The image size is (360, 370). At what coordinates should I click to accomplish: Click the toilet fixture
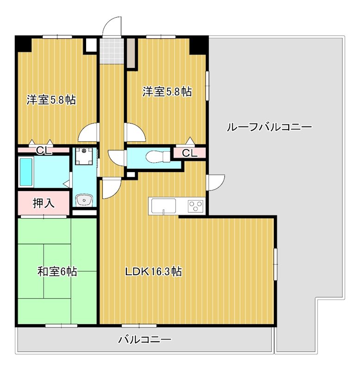[x=158, y=156]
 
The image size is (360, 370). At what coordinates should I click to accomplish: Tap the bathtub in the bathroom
[x=26, y=172]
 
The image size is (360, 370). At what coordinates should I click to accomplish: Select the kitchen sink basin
[x=163, y=206]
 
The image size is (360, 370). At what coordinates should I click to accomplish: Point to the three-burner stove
[x=195, y=206]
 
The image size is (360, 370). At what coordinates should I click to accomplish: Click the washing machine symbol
[x=84, y=156]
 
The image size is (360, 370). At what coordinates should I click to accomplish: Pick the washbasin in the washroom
[x=84, y=200]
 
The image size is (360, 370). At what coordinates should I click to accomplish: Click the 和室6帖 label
[x=57, y=271]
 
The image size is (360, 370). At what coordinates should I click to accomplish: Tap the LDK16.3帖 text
[x=153, y=271]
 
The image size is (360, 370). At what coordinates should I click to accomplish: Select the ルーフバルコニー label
[x=269, y=127]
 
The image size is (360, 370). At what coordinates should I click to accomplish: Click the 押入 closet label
[x=43, y=203]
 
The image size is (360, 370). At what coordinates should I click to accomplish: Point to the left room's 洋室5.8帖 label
[x=51, y=100]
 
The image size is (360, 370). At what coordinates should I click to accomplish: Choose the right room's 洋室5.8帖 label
[x=167, y=92]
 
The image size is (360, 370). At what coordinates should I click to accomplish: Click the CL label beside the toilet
[x=189, y=153]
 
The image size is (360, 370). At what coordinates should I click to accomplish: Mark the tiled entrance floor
[x=112, y=51]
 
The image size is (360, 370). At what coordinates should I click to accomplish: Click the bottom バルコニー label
[x=144, y=340]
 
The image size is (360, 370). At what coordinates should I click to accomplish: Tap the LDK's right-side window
[x=275, y=264]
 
